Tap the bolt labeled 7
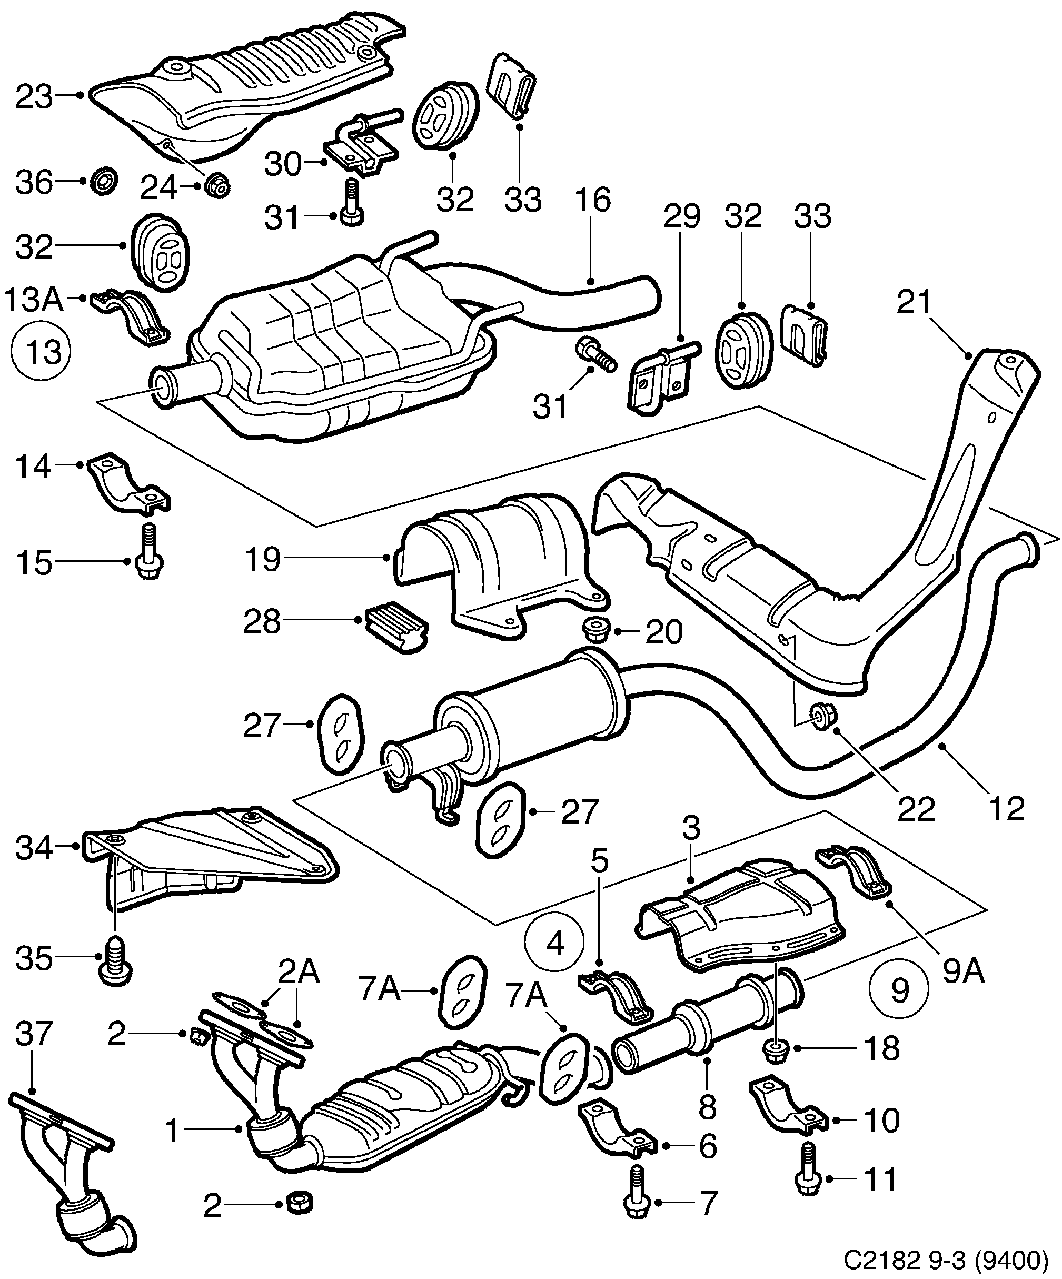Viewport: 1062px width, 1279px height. tap(635, 1200)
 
